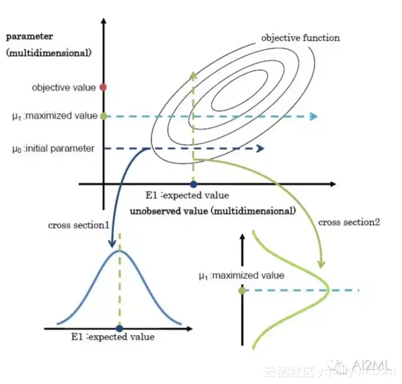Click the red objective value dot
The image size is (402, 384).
pos(103,87)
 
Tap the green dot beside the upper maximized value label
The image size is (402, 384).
pos(103,116)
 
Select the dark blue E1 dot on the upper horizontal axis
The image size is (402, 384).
pos(193,184)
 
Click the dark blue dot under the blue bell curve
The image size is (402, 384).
pos(119,327)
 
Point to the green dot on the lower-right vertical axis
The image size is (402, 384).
pos(242,290)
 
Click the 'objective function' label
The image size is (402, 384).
pos(300,38)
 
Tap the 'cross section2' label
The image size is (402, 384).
pos(349,222)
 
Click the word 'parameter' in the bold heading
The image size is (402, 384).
pos(29,36)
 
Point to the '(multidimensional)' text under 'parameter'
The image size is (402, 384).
pos(48,53)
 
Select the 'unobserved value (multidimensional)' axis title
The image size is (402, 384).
pos(213,212)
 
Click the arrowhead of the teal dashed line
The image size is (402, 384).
pos(313,117)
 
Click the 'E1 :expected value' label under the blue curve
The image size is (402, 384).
pos(113,337)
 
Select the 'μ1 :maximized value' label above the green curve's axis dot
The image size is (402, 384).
pos(241,276)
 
